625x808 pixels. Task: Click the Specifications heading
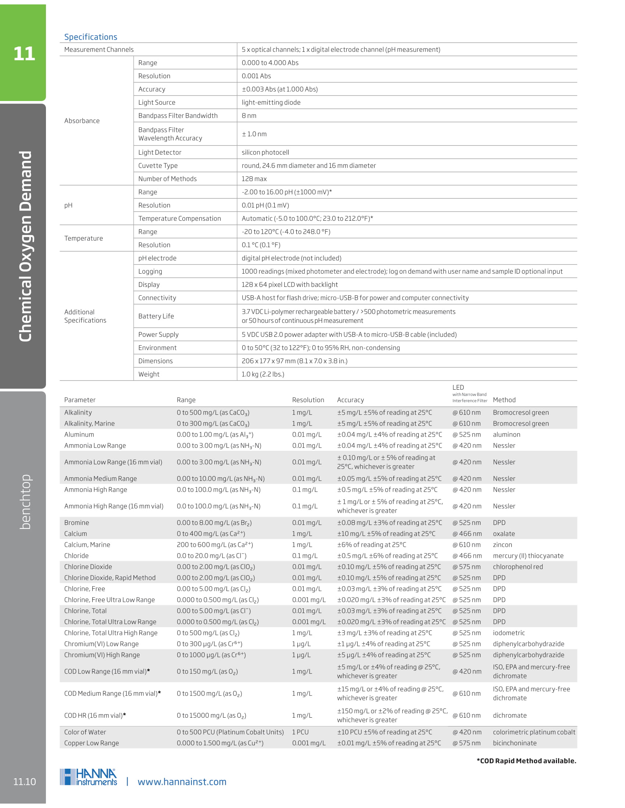tap(91, 37)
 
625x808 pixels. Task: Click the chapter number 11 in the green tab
tap(24, 54)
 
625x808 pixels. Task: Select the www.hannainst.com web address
tap(182, 782)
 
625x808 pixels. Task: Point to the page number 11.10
tap(24, 782)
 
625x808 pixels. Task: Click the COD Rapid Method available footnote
tap(526, 761)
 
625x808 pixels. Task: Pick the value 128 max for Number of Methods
tap(254, 179)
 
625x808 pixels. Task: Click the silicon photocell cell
tap(265, 152)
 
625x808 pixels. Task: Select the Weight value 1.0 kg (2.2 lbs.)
tap(262, 374)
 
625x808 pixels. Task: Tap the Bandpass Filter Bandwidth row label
tap(178, 116)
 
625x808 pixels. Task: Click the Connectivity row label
tap(157, 298)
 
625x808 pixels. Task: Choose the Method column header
tap(504, 400)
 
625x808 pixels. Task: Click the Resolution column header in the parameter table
tap(308, 400)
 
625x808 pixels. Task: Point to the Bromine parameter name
tap(76, 523)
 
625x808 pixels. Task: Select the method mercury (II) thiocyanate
tap(528, 556)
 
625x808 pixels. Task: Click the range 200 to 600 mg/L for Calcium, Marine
tap(215, 545)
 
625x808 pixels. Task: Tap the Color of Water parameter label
tap(85, 732)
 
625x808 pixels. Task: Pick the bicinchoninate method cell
tap(514, 743)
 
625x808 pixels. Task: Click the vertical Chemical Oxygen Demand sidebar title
tap(25, 246)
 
